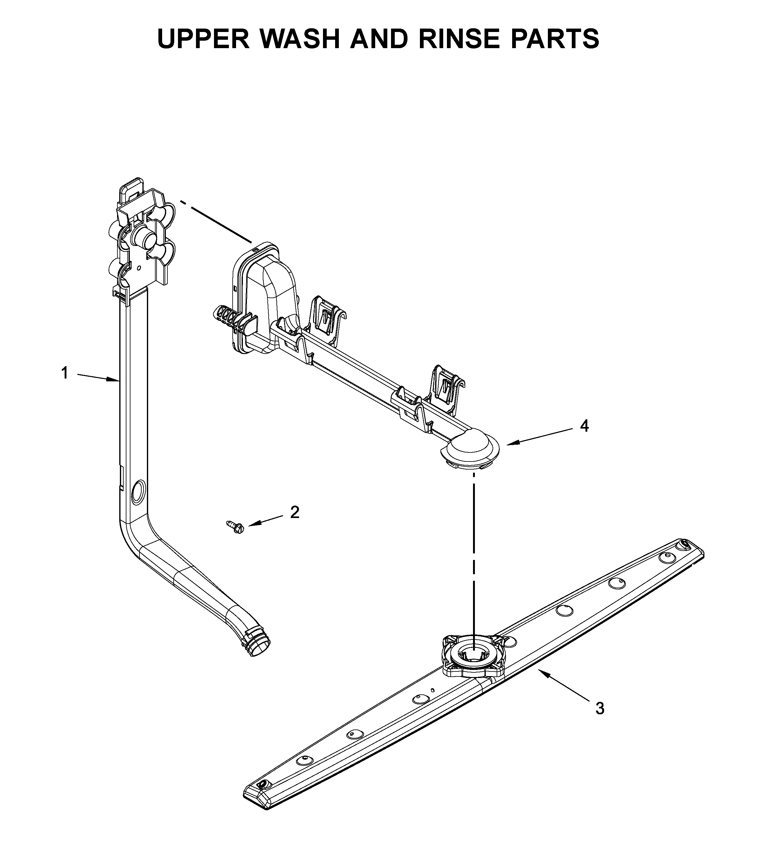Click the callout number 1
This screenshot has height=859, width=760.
coord(64,373)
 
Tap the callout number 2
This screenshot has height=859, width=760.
coord(295,512)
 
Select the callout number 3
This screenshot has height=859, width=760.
coord(600,708)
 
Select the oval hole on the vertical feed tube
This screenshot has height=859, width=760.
coord(137,493)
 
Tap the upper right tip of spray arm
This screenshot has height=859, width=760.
coord(689,546)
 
